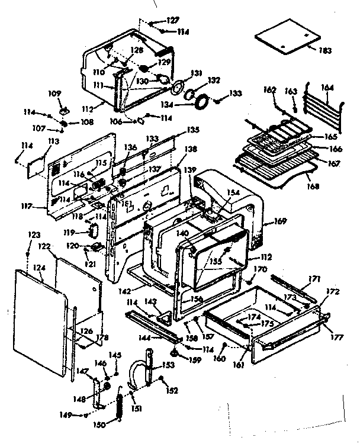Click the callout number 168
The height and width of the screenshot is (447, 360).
312,186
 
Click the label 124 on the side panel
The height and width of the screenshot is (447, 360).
40,268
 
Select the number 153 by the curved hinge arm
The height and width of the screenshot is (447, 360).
169,365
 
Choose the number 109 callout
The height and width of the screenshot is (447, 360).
54,94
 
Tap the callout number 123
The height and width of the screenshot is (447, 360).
30,236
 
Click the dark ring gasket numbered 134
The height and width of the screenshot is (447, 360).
201,101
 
